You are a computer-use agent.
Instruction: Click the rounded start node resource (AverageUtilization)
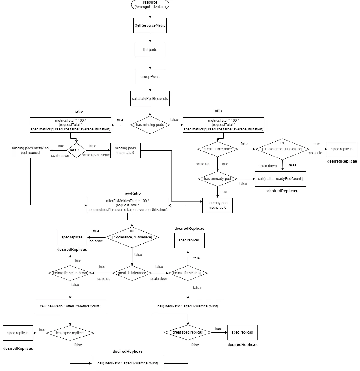click(150, 4)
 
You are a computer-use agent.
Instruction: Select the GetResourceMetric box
click(150, 25)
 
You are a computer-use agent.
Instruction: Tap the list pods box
click(150, 49)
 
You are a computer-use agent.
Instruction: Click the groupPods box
click(150, 76)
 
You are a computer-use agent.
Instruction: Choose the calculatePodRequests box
click(150, 99)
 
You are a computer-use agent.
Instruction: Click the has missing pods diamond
click(150, 125)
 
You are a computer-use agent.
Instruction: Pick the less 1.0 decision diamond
click(76, 150)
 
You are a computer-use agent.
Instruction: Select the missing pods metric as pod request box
click(30, 150)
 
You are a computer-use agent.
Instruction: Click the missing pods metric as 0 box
click(125, 150)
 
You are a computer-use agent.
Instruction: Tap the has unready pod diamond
click(218, 179)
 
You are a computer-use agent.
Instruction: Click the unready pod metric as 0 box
click(217, 205)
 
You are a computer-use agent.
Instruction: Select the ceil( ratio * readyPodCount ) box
click(280, 179)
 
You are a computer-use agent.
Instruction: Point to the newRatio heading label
click(132, 193)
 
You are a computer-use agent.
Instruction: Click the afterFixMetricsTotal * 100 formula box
click(127, 205)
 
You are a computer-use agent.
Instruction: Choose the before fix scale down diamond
click(70, 273)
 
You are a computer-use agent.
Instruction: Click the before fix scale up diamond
click(188, 273)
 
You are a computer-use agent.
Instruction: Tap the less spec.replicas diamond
click(70, 333)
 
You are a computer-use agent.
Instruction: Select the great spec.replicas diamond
click(188, 332)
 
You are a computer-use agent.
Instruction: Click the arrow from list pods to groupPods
click(150, 63)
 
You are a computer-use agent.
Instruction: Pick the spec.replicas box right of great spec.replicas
click(242, 332)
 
